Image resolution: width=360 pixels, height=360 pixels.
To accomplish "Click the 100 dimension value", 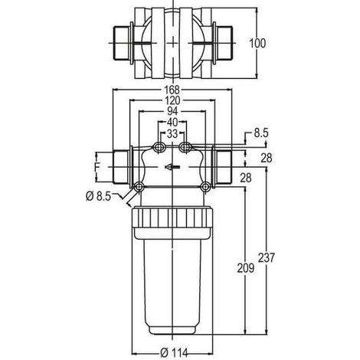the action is coord(257,43).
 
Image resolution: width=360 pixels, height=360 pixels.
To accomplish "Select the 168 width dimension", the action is coord(172,90).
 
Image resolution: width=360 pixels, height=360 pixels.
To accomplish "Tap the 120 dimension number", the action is coord(172,100).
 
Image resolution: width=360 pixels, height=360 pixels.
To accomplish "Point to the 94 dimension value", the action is coord(172,111).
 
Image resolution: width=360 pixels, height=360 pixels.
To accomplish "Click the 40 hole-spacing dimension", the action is coord(172,123).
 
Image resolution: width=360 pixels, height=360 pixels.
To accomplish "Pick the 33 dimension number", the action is coord(172,133).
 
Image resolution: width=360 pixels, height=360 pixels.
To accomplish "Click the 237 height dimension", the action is coord(267,257).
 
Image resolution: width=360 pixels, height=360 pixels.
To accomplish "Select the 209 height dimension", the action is coord(246,268).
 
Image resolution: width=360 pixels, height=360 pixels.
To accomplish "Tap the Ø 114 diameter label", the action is coord(174,352).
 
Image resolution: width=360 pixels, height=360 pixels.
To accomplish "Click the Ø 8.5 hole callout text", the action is coord(98,196).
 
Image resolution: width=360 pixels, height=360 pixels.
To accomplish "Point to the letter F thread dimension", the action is coord(97,167).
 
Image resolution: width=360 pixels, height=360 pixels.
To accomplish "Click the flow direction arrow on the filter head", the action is coord(172,167).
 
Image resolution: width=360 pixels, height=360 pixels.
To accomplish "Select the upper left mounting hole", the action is coord(159,147).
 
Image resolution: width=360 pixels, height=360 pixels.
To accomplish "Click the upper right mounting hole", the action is coord(185,147).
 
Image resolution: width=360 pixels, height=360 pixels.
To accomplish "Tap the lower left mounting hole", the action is coord(139,187).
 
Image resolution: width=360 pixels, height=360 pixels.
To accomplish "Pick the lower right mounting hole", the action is coord(205,187).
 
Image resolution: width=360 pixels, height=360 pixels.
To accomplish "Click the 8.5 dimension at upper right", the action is coord(261,133).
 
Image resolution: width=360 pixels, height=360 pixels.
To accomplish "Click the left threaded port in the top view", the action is coord(123,43).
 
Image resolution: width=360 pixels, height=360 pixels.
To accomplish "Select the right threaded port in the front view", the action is coord(222,167).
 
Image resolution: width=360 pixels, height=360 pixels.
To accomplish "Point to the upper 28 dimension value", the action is coord(267,159).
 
